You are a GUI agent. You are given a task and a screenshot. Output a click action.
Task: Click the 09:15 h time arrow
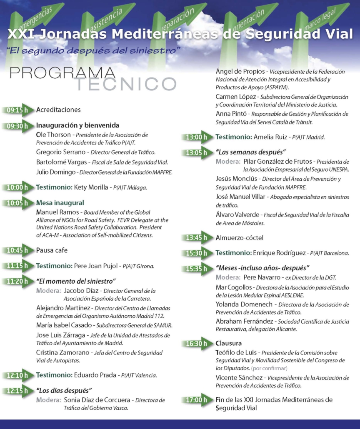click(x=17, y=110)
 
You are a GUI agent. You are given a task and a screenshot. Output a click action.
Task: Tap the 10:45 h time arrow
click(x=17, y=250)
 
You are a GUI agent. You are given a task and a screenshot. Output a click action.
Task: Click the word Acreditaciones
click(x=58, y=110)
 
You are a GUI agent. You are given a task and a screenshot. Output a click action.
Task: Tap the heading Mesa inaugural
click(x=60, y=203)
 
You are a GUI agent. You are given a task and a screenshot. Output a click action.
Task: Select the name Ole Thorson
click(x=53, y=135)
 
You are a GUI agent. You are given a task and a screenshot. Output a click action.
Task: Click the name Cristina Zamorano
click(x=63, y=352)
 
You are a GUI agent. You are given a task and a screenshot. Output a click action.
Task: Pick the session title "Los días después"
click(x=64, y=391)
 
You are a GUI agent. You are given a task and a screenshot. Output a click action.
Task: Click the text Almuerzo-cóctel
click(x=239, y=238)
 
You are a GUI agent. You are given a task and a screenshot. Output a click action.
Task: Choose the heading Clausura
click(x=229, y=344)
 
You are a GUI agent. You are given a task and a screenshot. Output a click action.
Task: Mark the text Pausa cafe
click(x=52, y=250)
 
